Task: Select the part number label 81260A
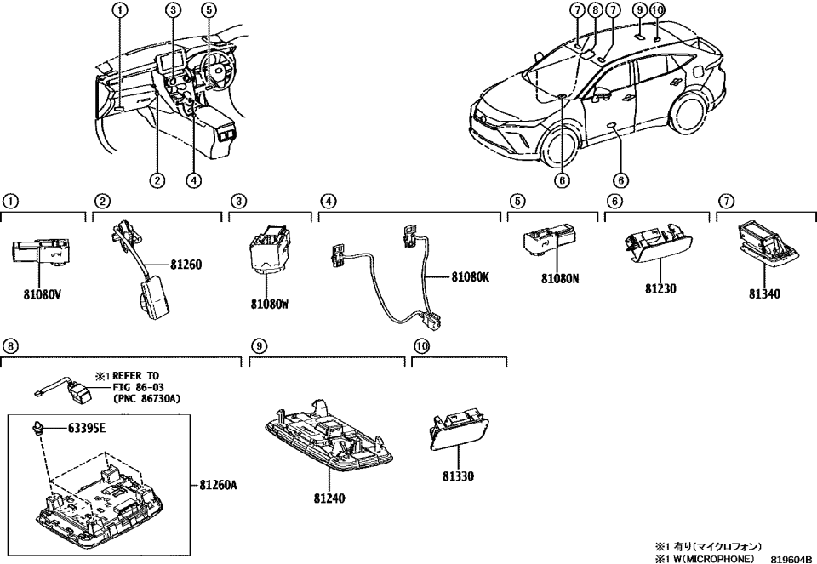(218, 486)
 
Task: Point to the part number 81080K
(471, 277)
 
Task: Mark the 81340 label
(765, 294)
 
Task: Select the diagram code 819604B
(791, 558)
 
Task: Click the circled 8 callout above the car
(595, 10)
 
